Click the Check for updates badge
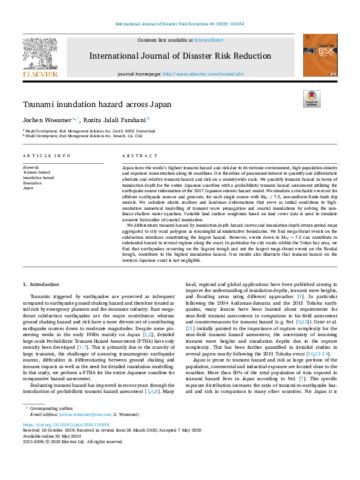[x=312, y=99]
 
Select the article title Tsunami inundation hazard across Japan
[x=97, y=104]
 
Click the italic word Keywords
[x=31, y=166]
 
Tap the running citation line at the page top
[x=180, y=24]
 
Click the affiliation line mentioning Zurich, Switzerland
[x=90, y=131]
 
